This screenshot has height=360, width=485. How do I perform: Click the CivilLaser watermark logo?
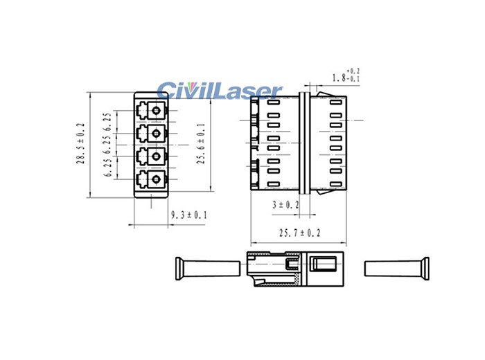coord(219,90)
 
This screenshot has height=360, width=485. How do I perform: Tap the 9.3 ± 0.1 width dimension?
coord(189,216)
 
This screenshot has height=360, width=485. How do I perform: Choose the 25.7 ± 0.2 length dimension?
coord(299,234)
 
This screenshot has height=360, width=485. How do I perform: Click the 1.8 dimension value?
coord(339,77)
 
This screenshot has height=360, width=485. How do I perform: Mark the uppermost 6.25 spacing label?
coord(107,121)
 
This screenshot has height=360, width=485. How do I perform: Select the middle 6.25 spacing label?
coord(107,145)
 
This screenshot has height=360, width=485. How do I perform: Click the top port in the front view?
coord(151,111)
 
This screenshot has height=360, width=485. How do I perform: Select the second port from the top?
coord(151,134)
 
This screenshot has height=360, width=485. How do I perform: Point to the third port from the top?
coord(151,157)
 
